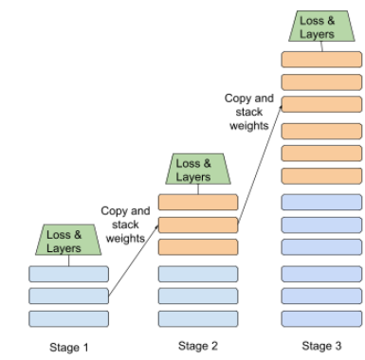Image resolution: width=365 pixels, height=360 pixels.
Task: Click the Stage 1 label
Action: point(68,347)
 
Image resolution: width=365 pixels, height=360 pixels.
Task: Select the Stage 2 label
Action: point(197,347)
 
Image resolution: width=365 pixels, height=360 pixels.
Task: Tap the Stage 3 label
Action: point(322,347)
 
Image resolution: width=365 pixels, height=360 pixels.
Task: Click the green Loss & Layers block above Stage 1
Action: point(70,240)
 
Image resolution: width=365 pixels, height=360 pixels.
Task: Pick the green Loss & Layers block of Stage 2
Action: point(197,170)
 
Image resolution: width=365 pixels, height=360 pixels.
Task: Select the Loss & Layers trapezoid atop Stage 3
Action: point(322,27)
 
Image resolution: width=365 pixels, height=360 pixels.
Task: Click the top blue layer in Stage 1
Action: point(69,275)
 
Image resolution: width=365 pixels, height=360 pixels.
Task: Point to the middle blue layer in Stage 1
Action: point(69,297)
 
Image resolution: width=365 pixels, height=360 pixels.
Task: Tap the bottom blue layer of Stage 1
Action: point(69,319)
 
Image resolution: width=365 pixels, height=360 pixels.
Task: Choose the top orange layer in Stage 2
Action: point(197,202)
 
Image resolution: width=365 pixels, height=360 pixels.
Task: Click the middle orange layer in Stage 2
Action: point(197,225)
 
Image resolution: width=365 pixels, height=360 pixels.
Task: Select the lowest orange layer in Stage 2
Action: point(197,247)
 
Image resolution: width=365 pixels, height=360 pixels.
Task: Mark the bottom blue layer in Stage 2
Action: point(197,319)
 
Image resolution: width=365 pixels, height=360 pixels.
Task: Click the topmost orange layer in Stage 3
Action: point(322,59)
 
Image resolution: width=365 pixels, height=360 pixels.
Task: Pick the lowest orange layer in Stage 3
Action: point(322,175)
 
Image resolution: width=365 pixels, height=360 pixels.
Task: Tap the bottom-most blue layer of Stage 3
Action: point(322,319)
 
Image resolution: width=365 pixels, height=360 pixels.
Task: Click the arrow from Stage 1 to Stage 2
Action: point(133,261)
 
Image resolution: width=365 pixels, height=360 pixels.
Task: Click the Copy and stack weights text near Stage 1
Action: point(126,225)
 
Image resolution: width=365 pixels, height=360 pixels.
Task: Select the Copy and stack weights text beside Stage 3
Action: point(250,111)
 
